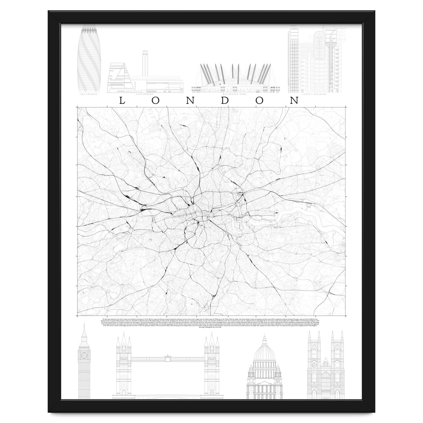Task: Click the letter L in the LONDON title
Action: click(x=122, y=100)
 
